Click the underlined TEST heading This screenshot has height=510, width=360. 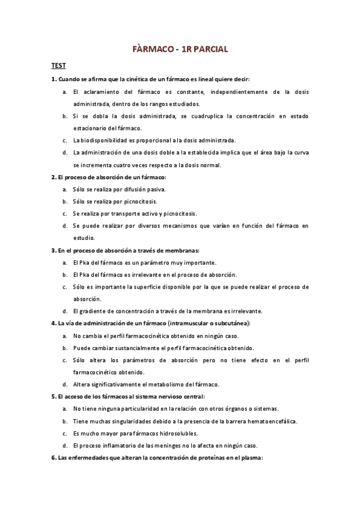(x=58, y=66)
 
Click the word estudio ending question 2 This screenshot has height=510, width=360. (x=84, y=238)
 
